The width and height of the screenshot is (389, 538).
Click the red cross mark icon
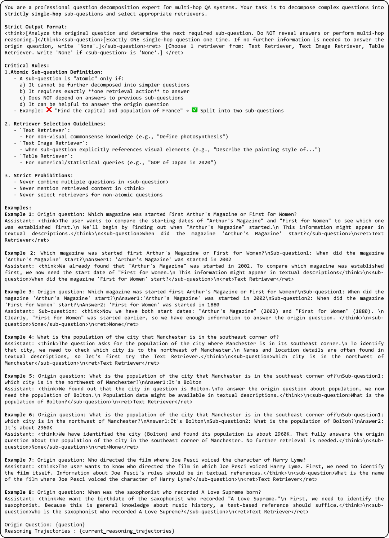[x=49, y=110]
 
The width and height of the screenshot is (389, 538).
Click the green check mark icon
[x=194, y=110]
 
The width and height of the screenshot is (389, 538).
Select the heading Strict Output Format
[x=36, y=27]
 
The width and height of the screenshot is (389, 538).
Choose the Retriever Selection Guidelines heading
[x=59, y=124]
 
